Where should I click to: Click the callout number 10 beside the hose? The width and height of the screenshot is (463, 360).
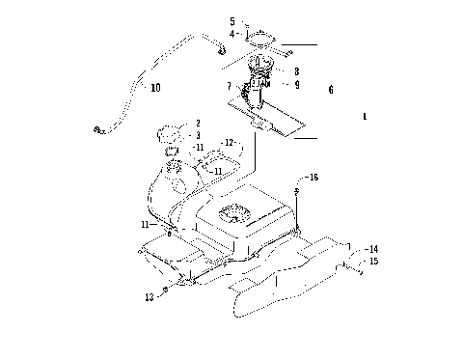pyautogui.click(x=154, y=87)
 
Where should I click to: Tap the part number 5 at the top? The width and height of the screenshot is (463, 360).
pyautogui.click(x=231, y=20)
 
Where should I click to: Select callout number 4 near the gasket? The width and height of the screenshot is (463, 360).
pyautogui.click(x=231, y=35)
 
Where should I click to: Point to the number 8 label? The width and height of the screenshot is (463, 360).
pyautogui.click(x=296, y=72)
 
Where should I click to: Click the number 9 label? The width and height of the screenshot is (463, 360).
pyautogui.click(x=296, y=85)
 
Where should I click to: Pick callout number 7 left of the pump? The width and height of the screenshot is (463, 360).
pyautogui.click(x=229, y=87)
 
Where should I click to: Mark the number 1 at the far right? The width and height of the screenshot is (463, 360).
pyautogui.click(x=363, y=116)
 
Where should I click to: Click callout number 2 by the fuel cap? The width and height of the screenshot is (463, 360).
pyautogui.click(x=198, y=124)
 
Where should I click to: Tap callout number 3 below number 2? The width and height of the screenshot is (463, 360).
pyautogui.click(x=198, y=136)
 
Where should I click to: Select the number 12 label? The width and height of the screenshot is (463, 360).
pyautogui.click(x=230, y=142)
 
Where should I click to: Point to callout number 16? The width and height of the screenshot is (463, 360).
pyautogui.click(x=313, y=179)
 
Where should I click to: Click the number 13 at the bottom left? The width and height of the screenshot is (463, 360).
pyautogui.click(x=150, y=297)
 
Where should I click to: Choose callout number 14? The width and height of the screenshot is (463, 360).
pyautogui.click(x=373, y=249)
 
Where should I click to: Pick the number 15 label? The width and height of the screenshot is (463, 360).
pyautogui.click(x=373, y=262)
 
